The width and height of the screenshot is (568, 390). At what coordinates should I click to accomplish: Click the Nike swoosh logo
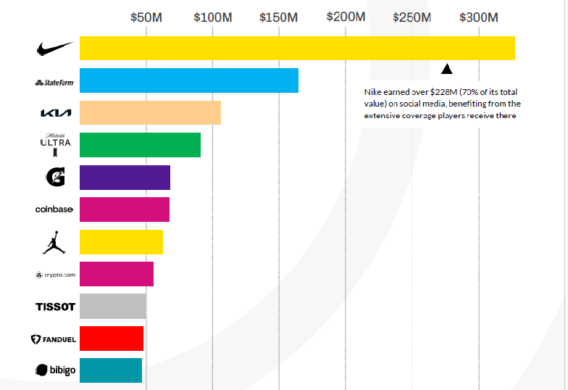click(55, 49)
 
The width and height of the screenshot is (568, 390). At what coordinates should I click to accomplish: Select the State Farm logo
click(54, 83)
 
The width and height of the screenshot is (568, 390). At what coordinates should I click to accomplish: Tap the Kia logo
click(55, 113)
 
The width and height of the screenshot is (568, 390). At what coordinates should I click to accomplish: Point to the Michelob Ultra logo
click(55, 144)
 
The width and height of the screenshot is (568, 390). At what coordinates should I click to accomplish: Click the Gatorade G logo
click(55, 177)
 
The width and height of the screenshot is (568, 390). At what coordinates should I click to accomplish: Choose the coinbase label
click(54, 209)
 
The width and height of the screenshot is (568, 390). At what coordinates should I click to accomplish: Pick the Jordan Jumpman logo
click(54, 242)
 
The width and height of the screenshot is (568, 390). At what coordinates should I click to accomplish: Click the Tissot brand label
click(55, 307)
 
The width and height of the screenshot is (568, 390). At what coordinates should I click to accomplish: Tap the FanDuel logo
click(54, 339)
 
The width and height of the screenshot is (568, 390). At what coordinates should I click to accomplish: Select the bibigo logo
click(55, 370)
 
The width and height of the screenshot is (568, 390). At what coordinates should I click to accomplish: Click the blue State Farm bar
click(188, 80)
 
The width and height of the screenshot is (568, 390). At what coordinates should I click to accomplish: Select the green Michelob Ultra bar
click(140, 145)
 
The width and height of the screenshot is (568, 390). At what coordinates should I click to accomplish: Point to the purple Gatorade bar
click(125, 178)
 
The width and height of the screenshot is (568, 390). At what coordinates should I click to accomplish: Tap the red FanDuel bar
click(112, 339)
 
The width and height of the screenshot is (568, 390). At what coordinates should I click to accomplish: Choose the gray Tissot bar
click(113, 307)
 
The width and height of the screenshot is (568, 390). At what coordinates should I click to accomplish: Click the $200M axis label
click(345, 16)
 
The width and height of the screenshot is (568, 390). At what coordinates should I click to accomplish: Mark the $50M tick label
click(146, 17)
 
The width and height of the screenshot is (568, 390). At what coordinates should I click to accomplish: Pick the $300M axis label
click(478, 17)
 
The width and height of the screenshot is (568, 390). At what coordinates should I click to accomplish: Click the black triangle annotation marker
click(447, 69)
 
